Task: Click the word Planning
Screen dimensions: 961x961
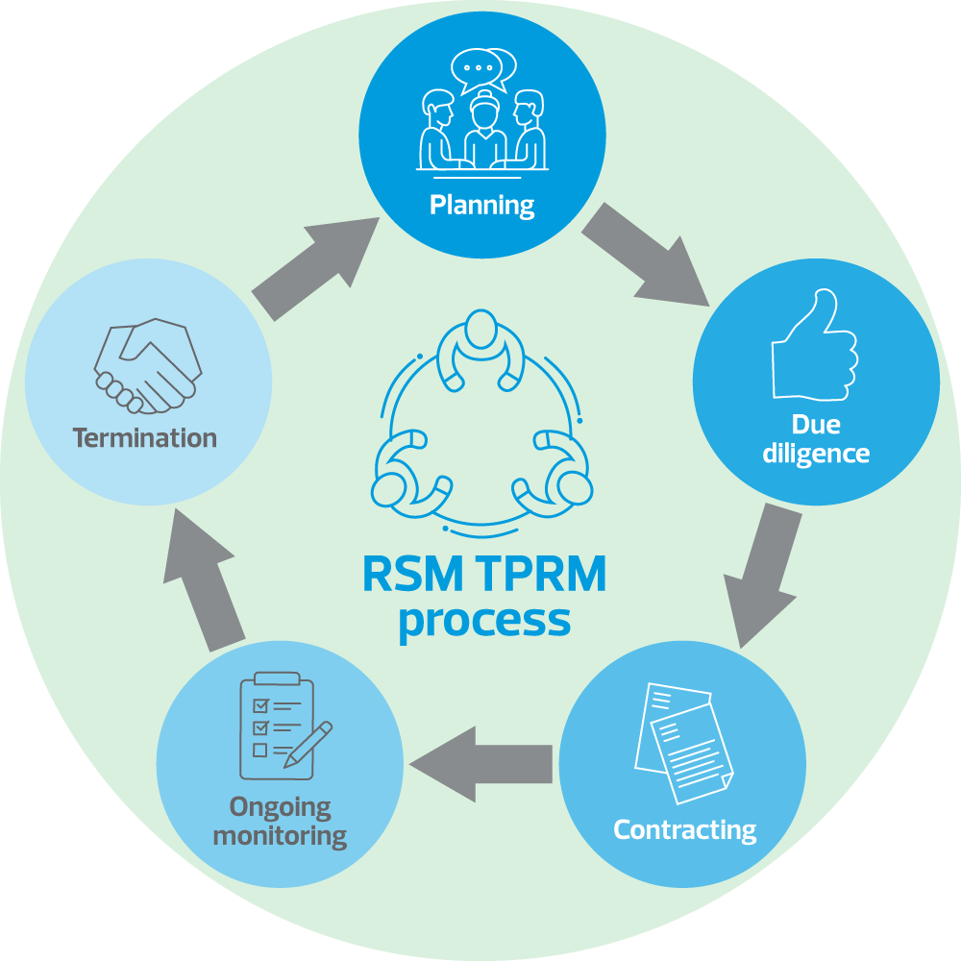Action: [x=481, y=205]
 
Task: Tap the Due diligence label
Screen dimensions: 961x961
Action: [x=816, y=439]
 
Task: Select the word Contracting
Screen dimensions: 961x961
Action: [x=684, y=829]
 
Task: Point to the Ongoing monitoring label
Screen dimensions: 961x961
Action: [x=280, y=821]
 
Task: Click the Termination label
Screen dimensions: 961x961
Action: [x=145, y=438]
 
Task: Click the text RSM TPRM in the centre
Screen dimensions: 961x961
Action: [x=484, y=576]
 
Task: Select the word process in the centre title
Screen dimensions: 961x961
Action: [x=484, y=620]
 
